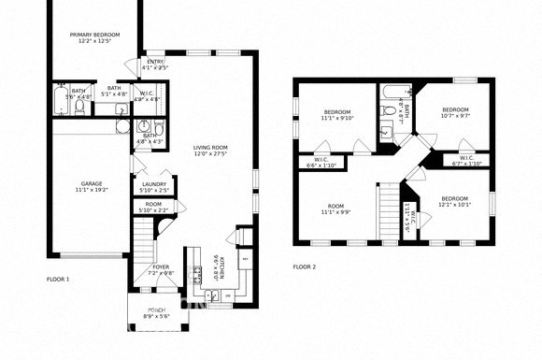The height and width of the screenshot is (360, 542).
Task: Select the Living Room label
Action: (x=211, y=147)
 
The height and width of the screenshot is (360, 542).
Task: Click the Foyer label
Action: (x=162, y=267)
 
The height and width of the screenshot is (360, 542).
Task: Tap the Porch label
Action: (x=156, y=310)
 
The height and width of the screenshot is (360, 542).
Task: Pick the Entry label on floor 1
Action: (x=154, y=62)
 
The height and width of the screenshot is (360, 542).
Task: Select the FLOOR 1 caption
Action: (x=58, y=279)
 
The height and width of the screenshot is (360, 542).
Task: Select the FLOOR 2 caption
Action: (x=305, y=266)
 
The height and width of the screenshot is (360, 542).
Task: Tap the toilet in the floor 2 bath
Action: (x=388, y=111)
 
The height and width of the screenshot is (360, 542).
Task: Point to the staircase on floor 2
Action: (x=387, y=210)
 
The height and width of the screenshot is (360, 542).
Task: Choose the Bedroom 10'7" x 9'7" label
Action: (x=454, y=110)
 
